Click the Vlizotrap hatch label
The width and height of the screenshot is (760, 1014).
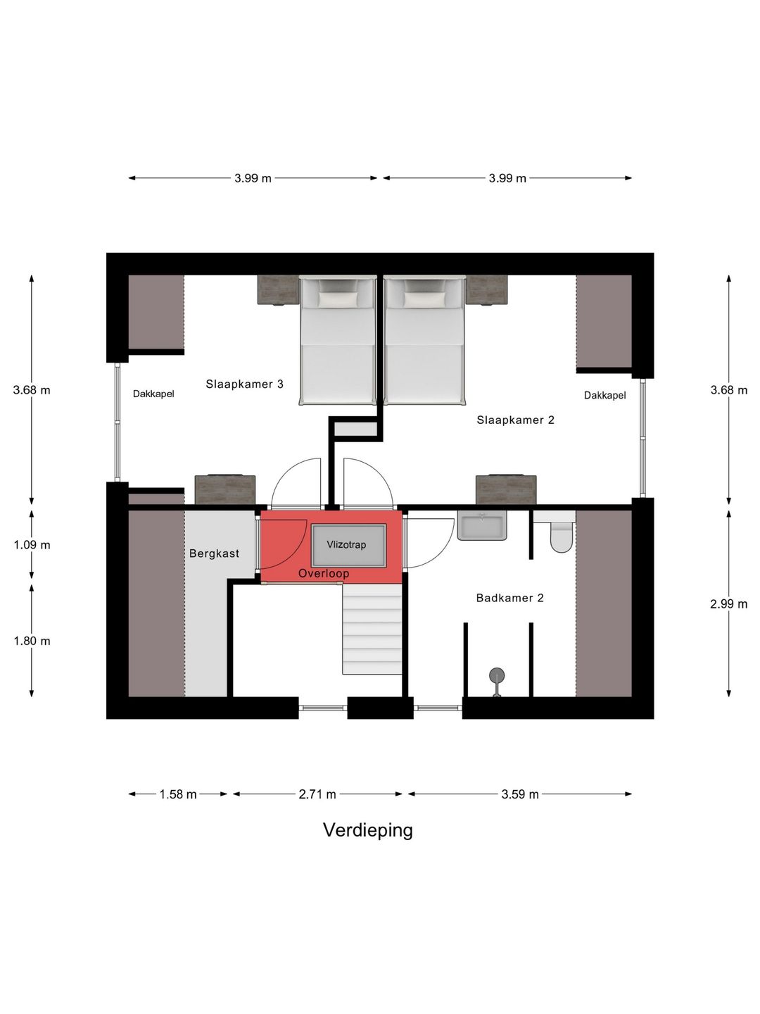(346, 544)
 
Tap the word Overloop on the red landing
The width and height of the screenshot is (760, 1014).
(324, 573)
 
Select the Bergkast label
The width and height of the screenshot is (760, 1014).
(214, 553)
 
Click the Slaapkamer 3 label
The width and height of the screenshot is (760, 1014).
(245, 384)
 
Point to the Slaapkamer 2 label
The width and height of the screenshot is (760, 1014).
(515, 420)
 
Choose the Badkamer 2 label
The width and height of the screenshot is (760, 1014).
(510, 599)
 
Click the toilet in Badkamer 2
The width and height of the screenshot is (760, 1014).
(561, 537)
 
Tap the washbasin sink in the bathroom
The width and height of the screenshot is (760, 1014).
(482, 525)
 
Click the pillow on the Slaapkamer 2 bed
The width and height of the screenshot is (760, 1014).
(424, 300)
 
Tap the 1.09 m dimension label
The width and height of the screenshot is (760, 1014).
(32, 545)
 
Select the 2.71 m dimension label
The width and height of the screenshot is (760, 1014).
(317, 794)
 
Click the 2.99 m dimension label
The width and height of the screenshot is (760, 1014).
(728, 604)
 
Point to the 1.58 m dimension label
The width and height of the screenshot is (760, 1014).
(178, 794)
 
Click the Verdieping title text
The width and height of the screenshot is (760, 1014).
(368, 830)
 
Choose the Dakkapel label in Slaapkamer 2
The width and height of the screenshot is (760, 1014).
(605, 396)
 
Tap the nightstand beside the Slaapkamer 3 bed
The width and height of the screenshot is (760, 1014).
(278, 290)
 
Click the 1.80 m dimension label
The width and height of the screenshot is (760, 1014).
(32, 641)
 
